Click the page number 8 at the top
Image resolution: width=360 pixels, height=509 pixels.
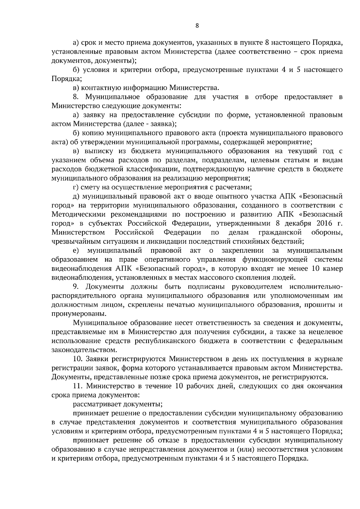point(197,26)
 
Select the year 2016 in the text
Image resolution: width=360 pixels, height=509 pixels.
point(325,224)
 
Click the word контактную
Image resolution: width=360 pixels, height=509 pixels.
point(99,88)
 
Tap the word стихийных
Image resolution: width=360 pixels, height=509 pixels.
point(264,242)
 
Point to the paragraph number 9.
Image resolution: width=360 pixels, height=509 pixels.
point(75,287)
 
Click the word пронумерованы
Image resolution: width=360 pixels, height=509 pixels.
point(71,314)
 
